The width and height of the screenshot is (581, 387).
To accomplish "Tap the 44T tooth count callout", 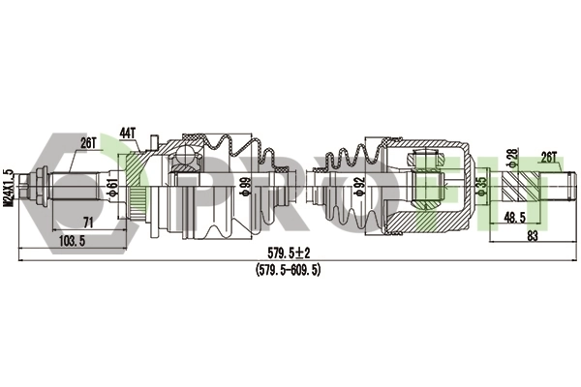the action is point(128,133).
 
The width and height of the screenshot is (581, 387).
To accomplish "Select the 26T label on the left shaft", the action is point(88,143).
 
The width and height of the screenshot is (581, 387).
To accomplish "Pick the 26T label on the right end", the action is point(549,157).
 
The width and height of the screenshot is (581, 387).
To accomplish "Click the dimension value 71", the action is point(88,223).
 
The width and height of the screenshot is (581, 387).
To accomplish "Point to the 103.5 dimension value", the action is point(73,241).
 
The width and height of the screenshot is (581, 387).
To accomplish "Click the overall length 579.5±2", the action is point(289,253).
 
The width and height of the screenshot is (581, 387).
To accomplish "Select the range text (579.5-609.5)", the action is point(288,270).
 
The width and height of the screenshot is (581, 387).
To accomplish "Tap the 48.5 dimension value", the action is point(514,218).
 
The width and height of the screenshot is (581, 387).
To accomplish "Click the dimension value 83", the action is point(532,235).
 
